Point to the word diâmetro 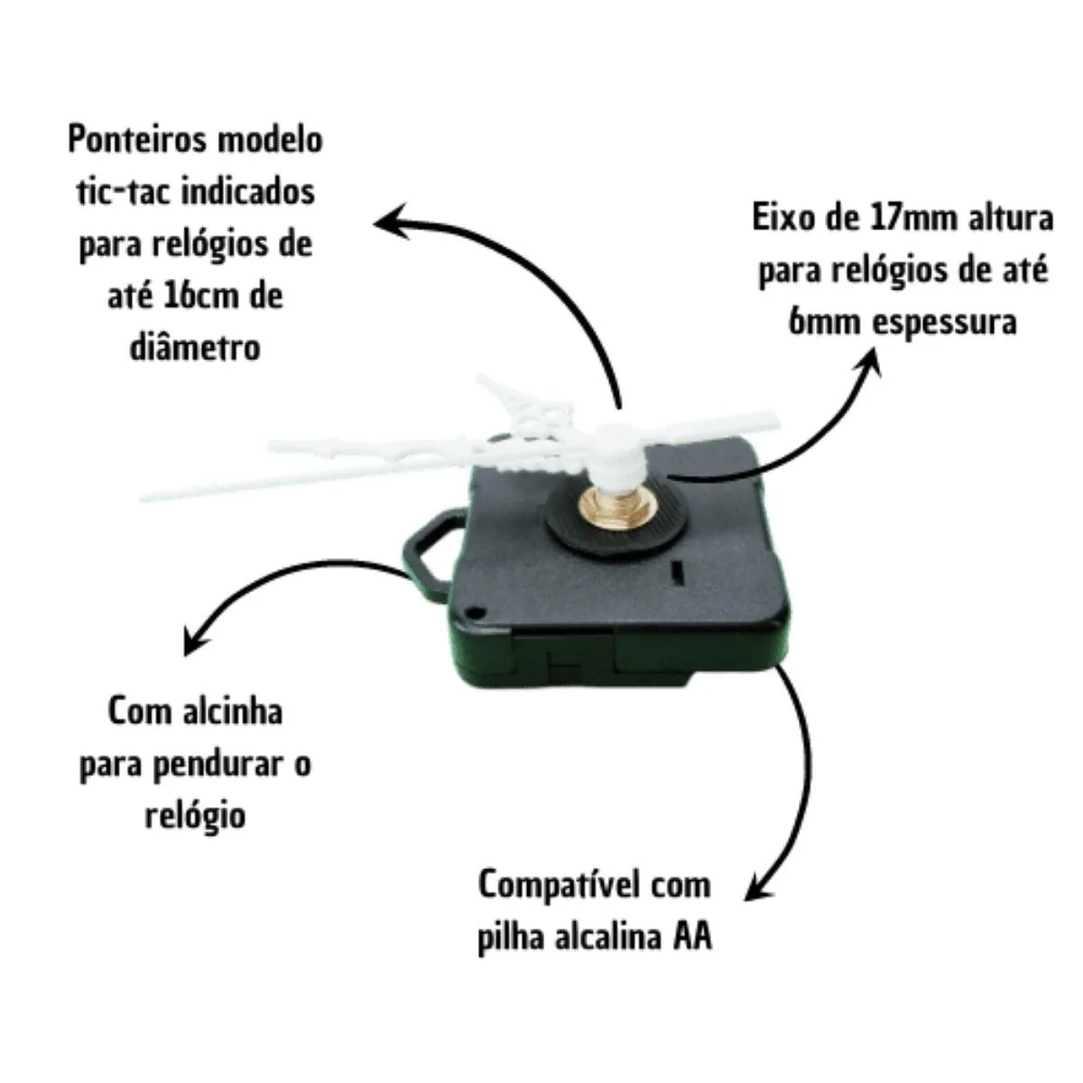[195, 348]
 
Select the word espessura [945, 323]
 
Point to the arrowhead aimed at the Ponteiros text [393, 221]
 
